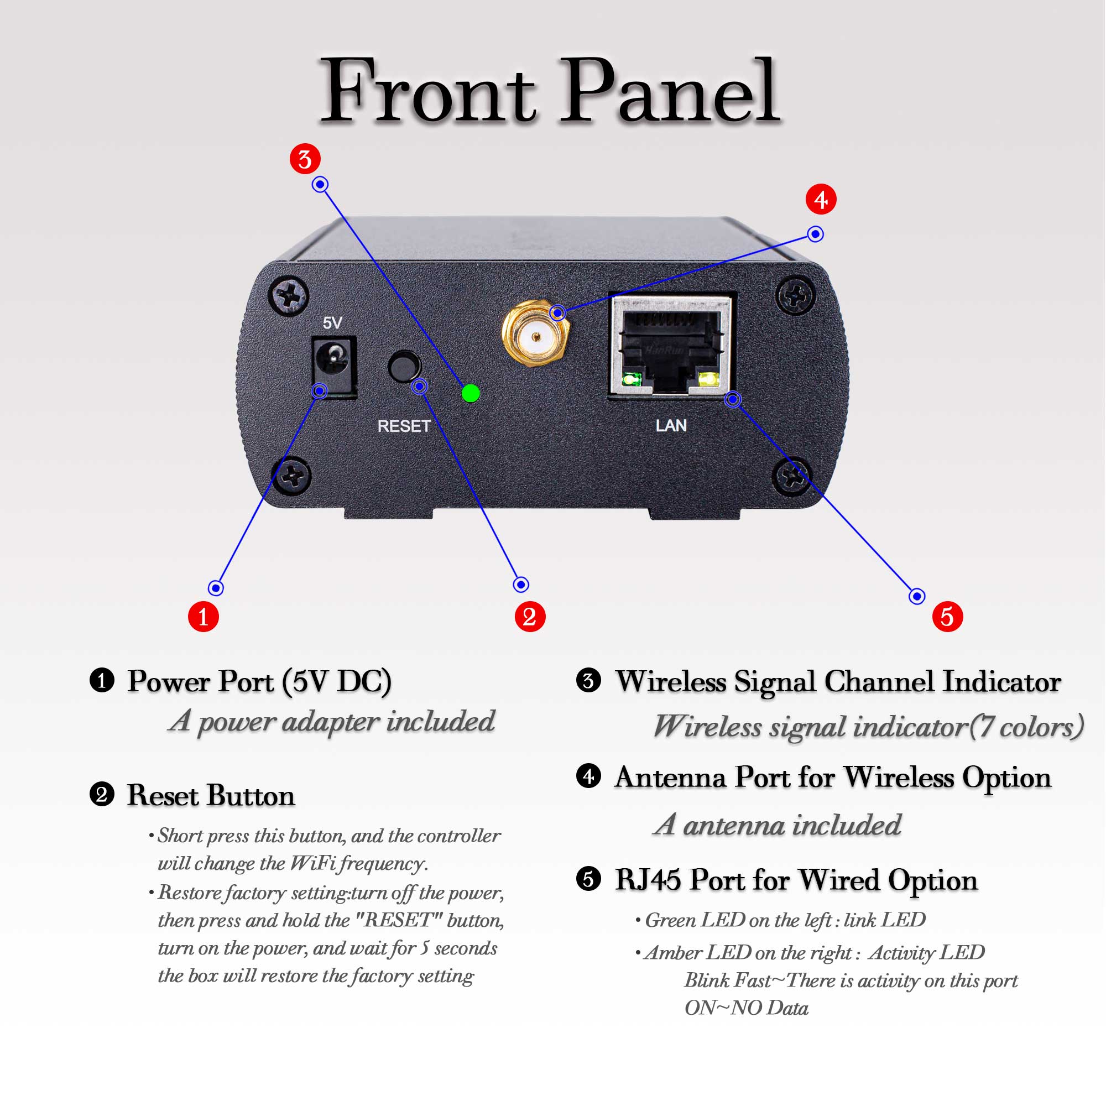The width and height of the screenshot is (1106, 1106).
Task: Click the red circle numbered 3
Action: [305, 159]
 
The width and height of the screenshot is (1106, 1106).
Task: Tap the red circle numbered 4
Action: [821, 199]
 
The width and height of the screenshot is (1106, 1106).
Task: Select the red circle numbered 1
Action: [203, 617]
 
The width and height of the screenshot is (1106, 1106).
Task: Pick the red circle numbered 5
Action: [947, 617]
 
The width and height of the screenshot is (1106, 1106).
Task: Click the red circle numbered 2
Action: [530, 617]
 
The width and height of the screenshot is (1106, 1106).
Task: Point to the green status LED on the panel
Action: [471, 393]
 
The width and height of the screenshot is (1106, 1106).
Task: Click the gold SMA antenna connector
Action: [536, 336]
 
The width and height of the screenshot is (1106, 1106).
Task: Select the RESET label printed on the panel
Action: [404, 426]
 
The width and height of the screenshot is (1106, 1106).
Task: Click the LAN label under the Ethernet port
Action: [671, 425]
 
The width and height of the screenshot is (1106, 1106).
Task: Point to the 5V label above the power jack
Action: [332, 323]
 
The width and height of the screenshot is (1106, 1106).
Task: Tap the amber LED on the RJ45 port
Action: [709, 379]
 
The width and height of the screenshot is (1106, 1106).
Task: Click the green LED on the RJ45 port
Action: [632, 379]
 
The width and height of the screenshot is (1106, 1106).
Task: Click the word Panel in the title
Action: [669, 92]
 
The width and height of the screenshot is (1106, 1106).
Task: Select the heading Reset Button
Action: [211, 796]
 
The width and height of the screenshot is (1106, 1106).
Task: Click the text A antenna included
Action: [777, 825]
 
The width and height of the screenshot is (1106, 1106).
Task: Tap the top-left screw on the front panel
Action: [289, 296]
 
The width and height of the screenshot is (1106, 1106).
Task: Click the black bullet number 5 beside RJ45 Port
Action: [588, 879]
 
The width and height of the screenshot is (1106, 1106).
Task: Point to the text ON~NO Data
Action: [746, 1008]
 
